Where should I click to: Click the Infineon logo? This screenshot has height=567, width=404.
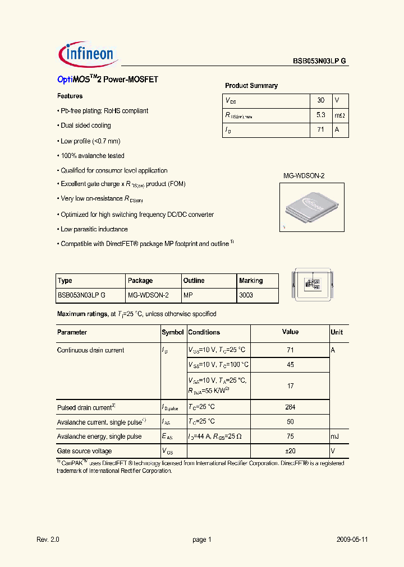pos(87,54)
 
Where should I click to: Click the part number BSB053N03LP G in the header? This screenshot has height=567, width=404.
pos(320,62)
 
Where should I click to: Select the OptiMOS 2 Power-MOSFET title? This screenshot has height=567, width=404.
pos(108,80)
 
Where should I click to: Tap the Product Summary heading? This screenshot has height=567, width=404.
pos(251,86)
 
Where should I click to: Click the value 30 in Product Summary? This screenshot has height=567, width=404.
pos(320,100)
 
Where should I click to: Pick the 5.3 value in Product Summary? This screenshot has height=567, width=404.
pos(320,115)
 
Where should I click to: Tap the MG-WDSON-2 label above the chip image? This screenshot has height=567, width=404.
pos(303,175)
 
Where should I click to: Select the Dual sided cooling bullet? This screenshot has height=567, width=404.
pos(85,126)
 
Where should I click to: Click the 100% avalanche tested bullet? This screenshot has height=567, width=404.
pos(92,156)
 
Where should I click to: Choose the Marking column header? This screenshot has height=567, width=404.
pos(251,281)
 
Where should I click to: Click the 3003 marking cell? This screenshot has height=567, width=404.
pos(246,295)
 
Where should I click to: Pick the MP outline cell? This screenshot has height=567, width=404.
pos(187,295)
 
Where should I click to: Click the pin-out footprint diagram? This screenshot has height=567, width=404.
pos(313,285)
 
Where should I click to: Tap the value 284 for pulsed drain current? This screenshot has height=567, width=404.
pos(290,407)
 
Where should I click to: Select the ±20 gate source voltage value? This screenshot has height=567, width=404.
pos(290,451)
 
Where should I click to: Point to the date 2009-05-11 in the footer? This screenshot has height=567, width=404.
pos(352,540)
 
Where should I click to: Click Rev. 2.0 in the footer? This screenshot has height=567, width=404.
pos(48,540)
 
